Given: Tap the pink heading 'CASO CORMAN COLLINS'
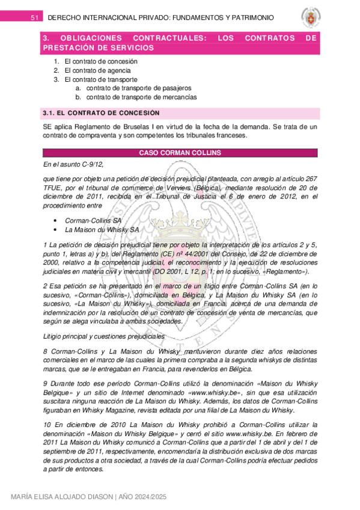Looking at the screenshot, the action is point(179,153).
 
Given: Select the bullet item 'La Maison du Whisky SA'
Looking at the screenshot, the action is point(101,230).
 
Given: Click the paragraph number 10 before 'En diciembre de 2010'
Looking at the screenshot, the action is point(47,425).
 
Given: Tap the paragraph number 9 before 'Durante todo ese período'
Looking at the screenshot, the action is point(46,382).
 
